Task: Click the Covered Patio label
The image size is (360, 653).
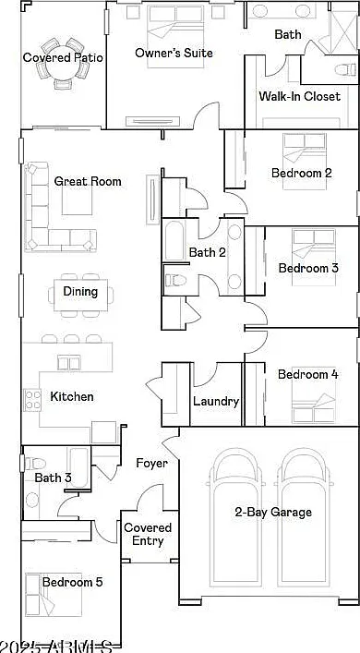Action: pos(63,57)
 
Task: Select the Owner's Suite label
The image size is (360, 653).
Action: pos(174,53)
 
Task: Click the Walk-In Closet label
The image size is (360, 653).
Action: pos(300,97)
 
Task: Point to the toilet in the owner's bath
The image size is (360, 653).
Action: pos(345,69)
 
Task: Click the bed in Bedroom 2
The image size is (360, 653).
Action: pos(304,161)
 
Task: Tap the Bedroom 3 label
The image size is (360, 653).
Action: pos(309,268)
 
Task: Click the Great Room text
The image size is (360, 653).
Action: pos(88,181)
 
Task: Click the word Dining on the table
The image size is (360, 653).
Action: pos(80,291)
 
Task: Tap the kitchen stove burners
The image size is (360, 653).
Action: pos(32,400)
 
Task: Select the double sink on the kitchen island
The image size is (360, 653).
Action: pos(68,364)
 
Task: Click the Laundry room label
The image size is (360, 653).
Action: pos(216,402)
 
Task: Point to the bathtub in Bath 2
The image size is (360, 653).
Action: pos(174,242)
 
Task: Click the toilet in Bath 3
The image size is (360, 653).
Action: pos(35,463)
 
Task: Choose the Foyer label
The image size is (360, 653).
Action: pos(151,463)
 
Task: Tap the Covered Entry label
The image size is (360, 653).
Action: pos(148,534)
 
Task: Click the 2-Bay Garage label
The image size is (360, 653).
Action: pos(273,513)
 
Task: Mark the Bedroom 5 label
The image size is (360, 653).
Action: pos(72,582)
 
